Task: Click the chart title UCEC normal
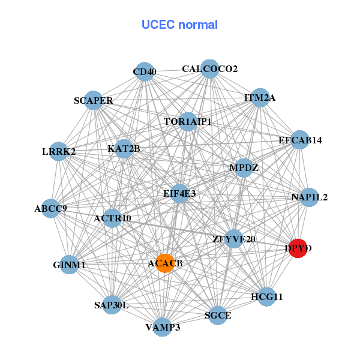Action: (179, 25)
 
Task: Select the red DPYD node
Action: (298, 247)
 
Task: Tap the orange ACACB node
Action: (165, 263)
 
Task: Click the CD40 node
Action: (144, 72)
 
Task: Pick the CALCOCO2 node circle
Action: (209, 69)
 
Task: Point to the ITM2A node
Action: (260, 98)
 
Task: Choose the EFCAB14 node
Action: (299, 140)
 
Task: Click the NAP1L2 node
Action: (308, 197)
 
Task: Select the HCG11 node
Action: (267, 296)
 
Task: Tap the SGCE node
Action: (218, 315)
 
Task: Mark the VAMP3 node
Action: (163, 327)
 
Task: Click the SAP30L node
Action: (112, 305)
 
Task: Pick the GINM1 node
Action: (69, 265)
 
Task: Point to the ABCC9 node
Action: (51, 209)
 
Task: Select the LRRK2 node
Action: (59, 152)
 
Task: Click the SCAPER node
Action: (94, 100)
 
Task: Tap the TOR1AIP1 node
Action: (188, 122)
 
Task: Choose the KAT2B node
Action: (124, 148)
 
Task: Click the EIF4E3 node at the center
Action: (179, 193)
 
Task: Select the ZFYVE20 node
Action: (234, 239)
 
